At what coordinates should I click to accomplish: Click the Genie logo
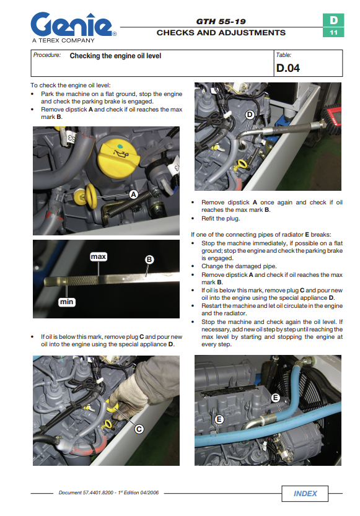pyautogui.click(x=73, y=24)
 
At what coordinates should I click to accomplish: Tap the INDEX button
pyautogui.click(x=305, y=493)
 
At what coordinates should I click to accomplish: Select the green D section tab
pyautogui.click(x=333, y=20)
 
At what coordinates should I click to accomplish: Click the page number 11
pyautogui.click(x=333, y=33)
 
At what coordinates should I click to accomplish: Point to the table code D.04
pyautogui.click(x=288, y=68)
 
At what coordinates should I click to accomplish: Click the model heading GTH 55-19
pyautogui.click(x=221, y=22)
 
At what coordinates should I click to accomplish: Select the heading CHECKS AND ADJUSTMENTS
pyautogui.click(x=221, y=33)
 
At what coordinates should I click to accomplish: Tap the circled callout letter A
pyautogui.click(x=133, y=195)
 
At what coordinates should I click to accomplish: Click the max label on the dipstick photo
pyautogui.click(x=99, y=256)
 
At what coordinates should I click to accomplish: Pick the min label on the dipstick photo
pyautogui.click(x=66, y=302)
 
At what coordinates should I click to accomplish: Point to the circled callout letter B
pyautogui.click(x=149, y=260)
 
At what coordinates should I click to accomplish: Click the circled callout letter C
pyautogui.click(x=139, y=429)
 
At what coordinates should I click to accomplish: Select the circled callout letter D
pyautogui.click(x=250, y=115)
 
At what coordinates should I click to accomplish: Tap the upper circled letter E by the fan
pyautogui.click(x=276, y=398)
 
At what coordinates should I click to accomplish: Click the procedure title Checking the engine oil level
pyautogui.click(x=115, y=56)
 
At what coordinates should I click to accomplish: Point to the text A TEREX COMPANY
pyautogui.click(x=63, y=40)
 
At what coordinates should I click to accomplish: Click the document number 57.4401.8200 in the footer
pyautogui.click(x=98, y=492)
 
